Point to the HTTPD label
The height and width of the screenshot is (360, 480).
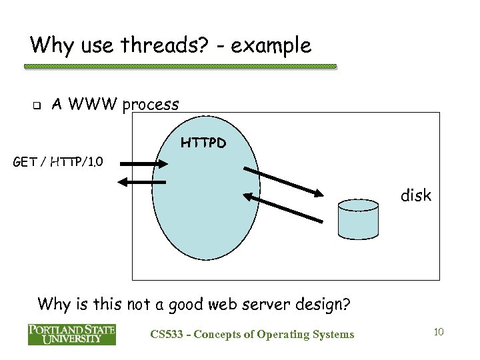point(203,143)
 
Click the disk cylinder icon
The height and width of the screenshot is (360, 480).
point(358,218)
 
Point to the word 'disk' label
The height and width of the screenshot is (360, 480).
point(415,196)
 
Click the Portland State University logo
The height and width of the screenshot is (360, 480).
point(71,333)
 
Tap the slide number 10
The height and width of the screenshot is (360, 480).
point(438,331)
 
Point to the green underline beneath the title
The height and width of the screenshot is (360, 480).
point(180,67)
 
